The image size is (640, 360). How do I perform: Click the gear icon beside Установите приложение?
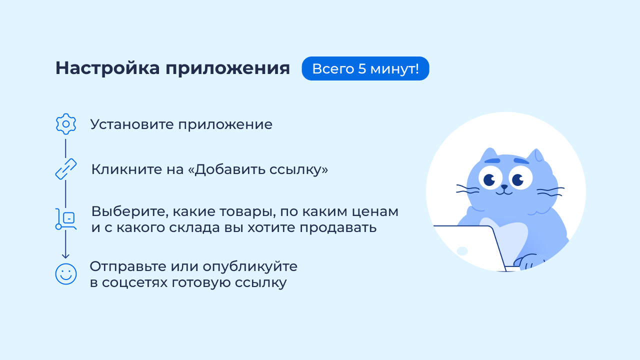tap(66, 124)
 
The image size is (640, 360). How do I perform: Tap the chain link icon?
tap(65, 169)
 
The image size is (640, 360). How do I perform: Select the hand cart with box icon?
tap(66, 219)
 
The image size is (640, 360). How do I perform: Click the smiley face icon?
tap(66, 274)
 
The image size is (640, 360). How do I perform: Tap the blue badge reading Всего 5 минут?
tap(365, 68)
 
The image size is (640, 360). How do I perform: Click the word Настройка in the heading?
tap(107, 68)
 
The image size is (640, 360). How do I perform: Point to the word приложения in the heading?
tap(227, 69)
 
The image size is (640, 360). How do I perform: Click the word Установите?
tap(132, 124)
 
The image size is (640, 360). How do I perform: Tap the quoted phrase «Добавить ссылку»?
tap(258, 169)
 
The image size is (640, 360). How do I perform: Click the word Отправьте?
tap(128, 267)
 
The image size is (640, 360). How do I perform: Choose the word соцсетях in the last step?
tap(134, 283)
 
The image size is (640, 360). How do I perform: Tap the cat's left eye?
tap(491, 178)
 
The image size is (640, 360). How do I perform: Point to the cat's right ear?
tap(536, 157)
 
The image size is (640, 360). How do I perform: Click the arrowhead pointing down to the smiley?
tap(65, 255)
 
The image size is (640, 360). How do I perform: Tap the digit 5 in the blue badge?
tap(362, 69)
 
